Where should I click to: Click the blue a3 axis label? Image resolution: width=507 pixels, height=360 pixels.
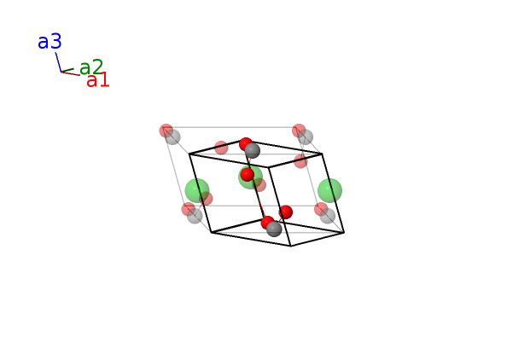coord(50,42)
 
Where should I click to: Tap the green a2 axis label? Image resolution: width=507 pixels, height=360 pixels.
coord(91,67)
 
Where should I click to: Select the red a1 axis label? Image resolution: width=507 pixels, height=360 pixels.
coord(98,80)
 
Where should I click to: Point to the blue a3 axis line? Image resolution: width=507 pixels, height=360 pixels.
coord(58,62)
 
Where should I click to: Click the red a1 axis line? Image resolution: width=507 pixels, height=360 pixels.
coord(71,73)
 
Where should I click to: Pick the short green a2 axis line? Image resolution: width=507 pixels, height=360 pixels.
coord(67,70)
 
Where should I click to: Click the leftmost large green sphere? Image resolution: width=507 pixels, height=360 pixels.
coord(197,191)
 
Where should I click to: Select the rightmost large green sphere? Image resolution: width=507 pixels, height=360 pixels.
coord(329,191)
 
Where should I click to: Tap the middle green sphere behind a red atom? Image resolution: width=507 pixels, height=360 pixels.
coord(251,177)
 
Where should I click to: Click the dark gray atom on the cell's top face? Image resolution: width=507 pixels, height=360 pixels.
coord(252,151)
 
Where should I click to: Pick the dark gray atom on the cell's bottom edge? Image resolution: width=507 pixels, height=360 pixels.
coord(274,229)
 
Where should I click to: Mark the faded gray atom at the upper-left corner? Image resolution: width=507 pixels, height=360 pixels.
coord(172,136)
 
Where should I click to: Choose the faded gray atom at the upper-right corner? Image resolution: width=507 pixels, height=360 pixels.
coord(306,136)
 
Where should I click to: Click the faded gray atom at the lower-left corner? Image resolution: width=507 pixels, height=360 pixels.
coord(195,216)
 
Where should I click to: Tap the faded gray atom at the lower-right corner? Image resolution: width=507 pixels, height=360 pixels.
coord(327,216)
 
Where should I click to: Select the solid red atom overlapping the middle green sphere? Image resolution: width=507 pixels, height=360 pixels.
coord(248,175)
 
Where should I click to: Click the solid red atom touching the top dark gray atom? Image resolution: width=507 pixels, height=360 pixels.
coord(246,144)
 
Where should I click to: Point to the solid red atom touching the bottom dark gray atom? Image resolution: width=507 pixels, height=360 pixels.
coord(267,223)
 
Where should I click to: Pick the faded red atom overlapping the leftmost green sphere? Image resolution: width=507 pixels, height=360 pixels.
coord(206,199)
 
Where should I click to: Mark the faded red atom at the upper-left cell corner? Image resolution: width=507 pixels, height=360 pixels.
coord(166,131)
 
